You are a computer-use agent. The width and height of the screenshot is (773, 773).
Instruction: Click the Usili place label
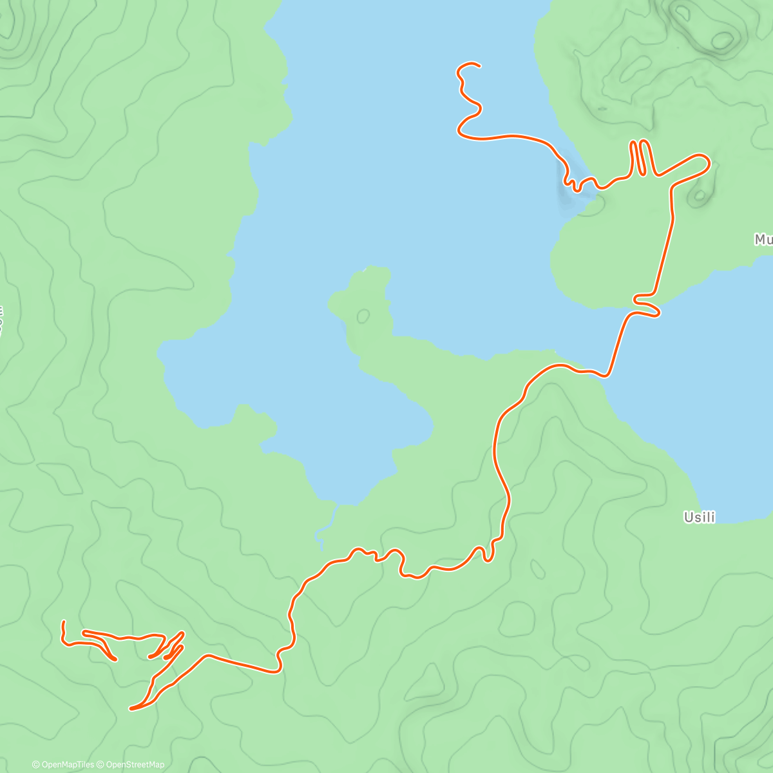click(699, 517)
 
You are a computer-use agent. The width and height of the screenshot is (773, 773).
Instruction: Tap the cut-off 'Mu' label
click(763, 240)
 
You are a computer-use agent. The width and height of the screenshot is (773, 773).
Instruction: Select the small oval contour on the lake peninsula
click(363, 316)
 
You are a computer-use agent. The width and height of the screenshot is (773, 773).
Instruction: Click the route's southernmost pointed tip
click(131, 709)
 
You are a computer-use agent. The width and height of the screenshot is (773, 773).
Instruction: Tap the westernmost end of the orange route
click(63, 622)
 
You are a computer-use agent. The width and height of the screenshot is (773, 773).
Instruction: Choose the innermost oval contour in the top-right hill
click(721, 40)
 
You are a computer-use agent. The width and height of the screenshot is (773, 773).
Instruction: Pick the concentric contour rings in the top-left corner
click(13, 26)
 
